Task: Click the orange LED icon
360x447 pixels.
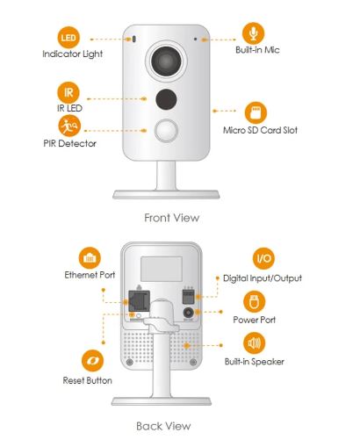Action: (x=68, y=38)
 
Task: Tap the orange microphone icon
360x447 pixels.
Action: (x=254, y=33)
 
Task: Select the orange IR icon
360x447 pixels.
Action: (x=68, y=93)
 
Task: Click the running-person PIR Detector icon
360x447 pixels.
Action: (x=69, y=126)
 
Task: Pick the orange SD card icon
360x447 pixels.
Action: (x=256, y=112)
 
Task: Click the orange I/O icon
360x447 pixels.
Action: (x=263, y=258)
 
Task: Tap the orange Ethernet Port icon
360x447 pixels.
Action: (x=90, y=258)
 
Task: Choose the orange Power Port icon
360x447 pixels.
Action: (x=254, y=301)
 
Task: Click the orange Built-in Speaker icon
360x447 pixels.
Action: (x=254, y=342)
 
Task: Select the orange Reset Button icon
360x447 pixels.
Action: (x=92, y=360)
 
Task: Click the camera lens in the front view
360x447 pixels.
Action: (x=166, y=61)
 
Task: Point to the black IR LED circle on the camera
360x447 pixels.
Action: (x=166, y=99)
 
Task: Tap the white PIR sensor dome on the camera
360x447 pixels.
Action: (x=166, y=131)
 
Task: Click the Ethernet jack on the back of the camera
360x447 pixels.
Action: (x=140, y=301)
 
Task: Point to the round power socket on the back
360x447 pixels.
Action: (x=189, y=313)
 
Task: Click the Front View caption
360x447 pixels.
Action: (x=172, y=218)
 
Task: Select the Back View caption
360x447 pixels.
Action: (x=163, y=426)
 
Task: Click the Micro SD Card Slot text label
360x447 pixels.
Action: (x=260, y=130)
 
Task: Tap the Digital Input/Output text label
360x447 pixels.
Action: (x=263, y=278)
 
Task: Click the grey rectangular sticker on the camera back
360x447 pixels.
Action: (x=162, y=269)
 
